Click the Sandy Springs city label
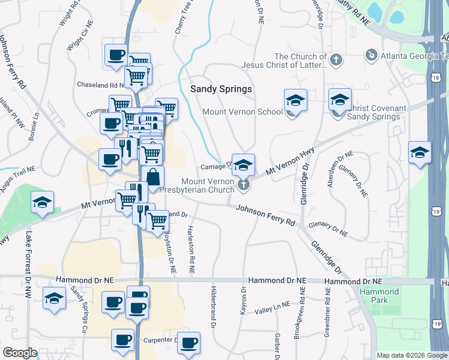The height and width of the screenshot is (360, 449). (x=221, y=89)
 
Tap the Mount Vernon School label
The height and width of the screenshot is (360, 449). (x=243, y=112)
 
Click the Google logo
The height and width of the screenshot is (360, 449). (x=19, y=353)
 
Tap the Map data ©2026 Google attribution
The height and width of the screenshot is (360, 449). (x=412, y=355)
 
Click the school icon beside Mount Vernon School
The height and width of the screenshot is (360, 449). (x=295, y=101)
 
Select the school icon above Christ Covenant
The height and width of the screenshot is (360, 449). (x=340, y=100)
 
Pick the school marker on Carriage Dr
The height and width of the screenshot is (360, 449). (x=243, y=165)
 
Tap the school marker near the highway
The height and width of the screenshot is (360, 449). (x=420, y=152)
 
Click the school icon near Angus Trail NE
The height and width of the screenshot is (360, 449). (x=42, y=202)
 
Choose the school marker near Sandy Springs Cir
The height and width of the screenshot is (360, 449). (x=55, y=298)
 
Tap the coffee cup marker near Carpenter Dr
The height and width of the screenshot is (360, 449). (x=124, y=340)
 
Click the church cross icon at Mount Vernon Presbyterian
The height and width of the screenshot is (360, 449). (x=243, y=184)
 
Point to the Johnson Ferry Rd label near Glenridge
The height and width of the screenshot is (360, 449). (x=265, y=215)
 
